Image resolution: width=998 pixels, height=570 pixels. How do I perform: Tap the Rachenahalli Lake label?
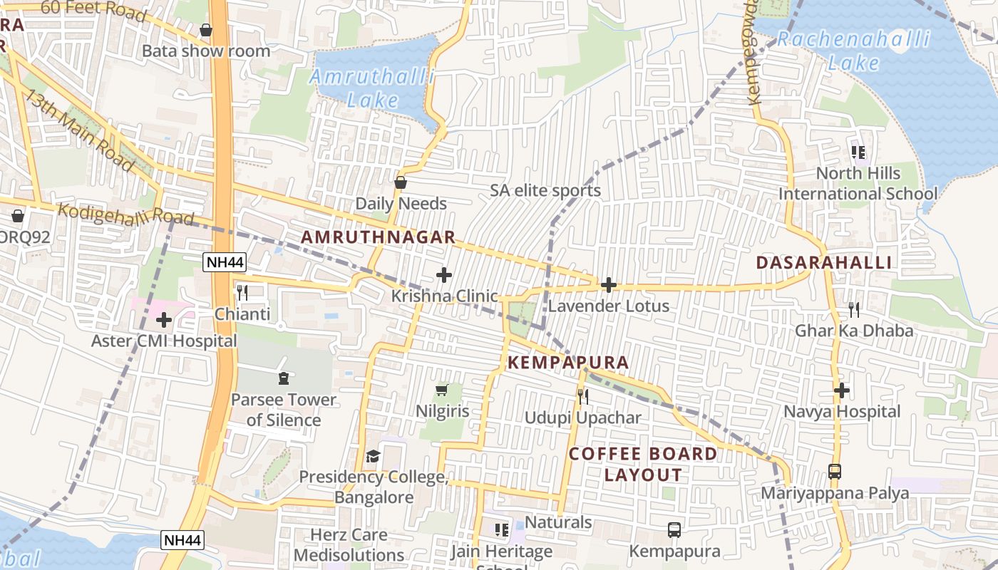(853, 51)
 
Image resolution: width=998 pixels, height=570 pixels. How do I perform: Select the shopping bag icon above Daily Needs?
(401, 182)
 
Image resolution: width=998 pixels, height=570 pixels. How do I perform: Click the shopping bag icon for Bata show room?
(206, 30)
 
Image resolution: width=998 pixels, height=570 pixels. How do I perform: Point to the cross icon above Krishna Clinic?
(444, 274)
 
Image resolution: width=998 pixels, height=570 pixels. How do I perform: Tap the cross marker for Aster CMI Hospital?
(164, 320)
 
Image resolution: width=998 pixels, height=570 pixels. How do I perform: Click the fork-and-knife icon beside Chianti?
(242, 293)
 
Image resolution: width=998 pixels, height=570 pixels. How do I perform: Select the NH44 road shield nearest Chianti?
(225, 262)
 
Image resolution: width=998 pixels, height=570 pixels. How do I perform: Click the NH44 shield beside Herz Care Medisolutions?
(182, 540)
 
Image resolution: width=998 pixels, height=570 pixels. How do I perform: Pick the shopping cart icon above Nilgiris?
(442, 390)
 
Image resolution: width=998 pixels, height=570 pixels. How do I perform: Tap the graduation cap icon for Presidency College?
(373, 456)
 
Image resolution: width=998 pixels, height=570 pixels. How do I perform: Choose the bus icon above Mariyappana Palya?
(835, 472)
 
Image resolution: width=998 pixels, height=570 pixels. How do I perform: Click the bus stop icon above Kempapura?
(674, 530)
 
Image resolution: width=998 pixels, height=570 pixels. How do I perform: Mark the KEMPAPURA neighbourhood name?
(568, 363)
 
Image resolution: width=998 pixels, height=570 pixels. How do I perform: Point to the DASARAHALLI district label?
(823, 262)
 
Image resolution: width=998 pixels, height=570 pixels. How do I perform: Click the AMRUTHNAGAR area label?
(378, 237)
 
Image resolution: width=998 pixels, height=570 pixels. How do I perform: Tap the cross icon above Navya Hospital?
(842, 390)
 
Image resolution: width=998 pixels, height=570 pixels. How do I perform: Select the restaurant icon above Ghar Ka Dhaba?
(853, 309)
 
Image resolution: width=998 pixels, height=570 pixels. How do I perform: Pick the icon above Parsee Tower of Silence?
(284, 378)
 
